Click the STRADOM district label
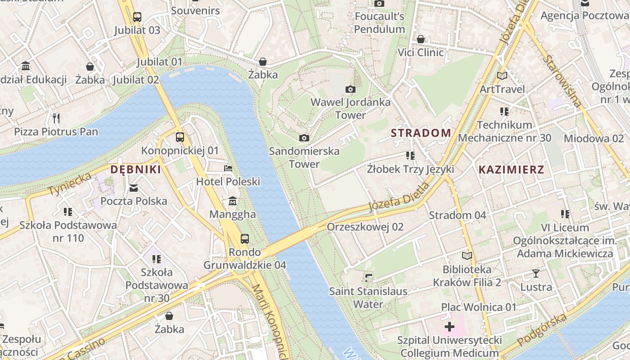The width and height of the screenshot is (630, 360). coord(421,133)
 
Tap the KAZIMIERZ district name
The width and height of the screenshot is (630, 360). coord(511,170)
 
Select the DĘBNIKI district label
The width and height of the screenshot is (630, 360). coord(135,170)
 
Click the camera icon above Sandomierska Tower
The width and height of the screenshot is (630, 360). coord(304,138)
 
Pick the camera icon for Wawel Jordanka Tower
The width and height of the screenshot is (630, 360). coord(351,90)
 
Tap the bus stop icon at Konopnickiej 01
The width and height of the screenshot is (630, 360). coord(180,137)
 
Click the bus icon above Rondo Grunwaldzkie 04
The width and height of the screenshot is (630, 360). coord(245,238)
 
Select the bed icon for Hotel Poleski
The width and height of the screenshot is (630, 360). coord(228,169)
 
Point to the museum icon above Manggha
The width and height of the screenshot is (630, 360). coord(233,201)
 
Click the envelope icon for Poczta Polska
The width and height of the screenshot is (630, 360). coord(134,188)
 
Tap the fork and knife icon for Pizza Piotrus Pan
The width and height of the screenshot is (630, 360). coord(56,118)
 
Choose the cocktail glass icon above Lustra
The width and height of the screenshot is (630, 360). coord(536,273)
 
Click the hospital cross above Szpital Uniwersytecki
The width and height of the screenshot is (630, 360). coord(449,327)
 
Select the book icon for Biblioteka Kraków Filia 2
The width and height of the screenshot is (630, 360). coord(468,256)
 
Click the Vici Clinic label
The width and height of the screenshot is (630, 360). coord(420,53)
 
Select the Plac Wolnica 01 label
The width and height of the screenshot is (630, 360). coord(478,307)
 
